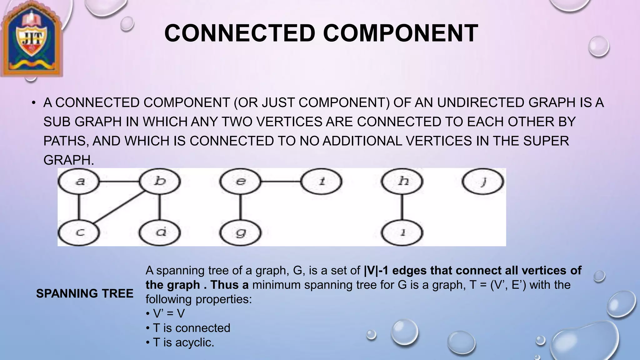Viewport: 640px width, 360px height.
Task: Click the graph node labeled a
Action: (x=79, y=182)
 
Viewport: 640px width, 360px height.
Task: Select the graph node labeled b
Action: (x=160, y=182)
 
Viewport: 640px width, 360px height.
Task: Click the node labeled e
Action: (x=240, y=182)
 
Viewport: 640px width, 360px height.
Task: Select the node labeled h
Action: (x=402, y=182)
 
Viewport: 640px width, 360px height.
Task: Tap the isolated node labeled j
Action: (x=483, y=182)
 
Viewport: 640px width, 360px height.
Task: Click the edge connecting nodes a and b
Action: (x=119, y=182)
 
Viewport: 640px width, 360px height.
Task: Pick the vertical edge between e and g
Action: (x=240, y=207)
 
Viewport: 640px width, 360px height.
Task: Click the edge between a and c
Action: (x=79, y=207)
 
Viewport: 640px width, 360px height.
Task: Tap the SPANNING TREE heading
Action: (x=85, y=294)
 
